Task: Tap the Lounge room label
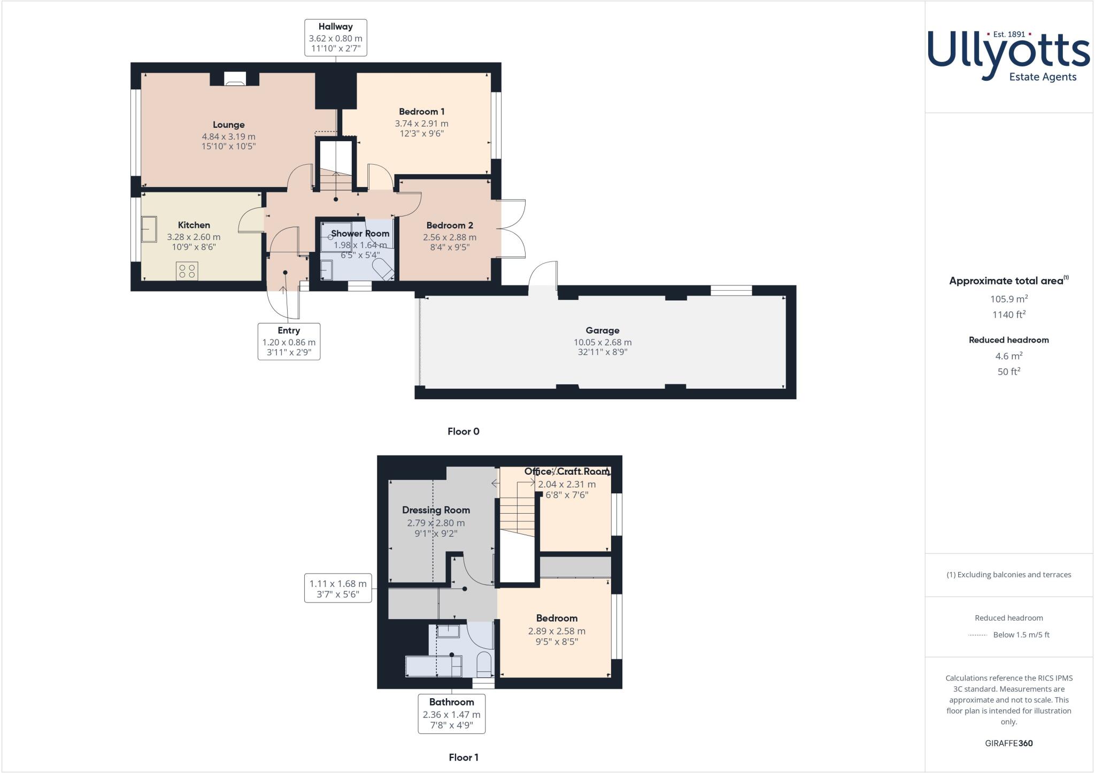(228, 125)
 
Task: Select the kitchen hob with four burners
(187, 271)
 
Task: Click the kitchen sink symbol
(149, 229)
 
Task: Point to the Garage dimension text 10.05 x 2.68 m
(603, 342)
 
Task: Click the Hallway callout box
(336, 37)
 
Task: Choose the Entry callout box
(289, 341)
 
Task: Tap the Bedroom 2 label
(449, 225)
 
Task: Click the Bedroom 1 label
(421, 111)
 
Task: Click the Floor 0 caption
(463, 431)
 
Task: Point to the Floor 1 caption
(463, 757)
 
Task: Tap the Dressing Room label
(436, 510)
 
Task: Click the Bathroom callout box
(451, 714)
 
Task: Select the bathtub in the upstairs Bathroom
(433, 667)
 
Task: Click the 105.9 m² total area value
(1008, 299)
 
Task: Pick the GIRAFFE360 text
(1008, 743)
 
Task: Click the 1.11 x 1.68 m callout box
(338, 589)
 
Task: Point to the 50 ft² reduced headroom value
(1008, 372)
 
